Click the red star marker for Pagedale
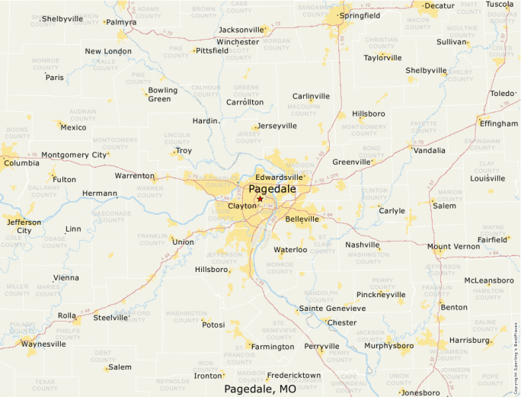[x=260, y=199]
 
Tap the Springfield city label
[x=360, y=15]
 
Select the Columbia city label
[x=21, y=163]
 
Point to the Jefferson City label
[x=24, y=226]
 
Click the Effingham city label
[x=498, y=123]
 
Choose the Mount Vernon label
[x=453, y=247]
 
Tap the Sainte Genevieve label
[x=332, y=308]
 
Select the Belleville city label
[x=302, y=219]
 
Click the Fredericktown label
[x=293, y=376]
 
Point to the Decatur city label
[x=439, y=5]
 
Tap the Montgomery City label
[x=74, y=155]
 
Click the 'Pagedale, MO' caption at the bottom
[x=260, y=389]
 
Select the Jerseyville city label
[x=276, y=126]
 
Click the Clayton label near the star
[x=242, y=206]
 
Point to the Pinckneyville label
[x=381, y=294]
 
